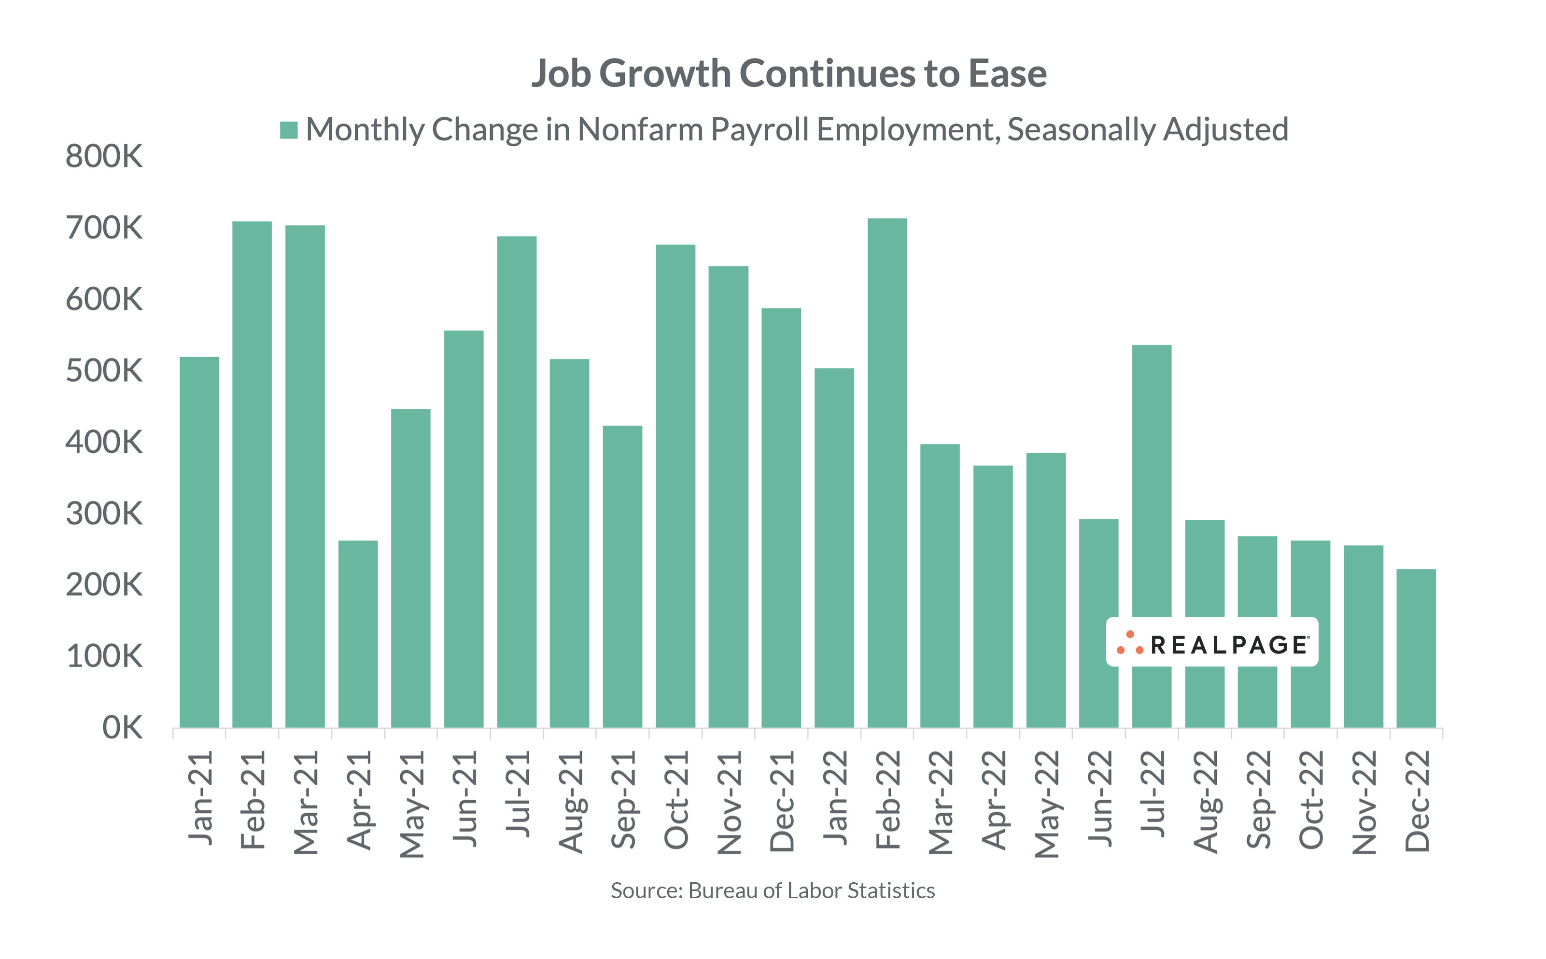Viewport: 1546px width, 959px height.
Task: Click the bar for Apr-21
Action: click(x=358, y=634)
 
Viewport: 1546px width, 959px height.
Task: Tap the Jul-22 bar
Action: click(x=1152, y=482)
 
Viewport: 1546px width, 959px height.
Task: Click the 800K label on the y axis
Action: click(x=104, y=157)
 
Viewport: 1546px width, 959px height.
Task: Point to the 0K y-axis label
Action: click(x=123, y=728)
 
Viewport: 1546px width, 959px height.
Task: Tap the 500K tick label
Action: click(x=104, y=371)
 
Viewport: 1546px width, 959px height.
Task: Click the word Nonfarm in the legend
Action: click(x=641, y=129)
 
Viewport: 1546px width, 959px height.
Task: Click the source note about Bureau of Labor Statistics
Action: click(x=772, y=890)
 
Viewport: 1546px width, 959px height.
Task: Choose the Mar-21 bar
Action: click(x=305, y=476)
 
